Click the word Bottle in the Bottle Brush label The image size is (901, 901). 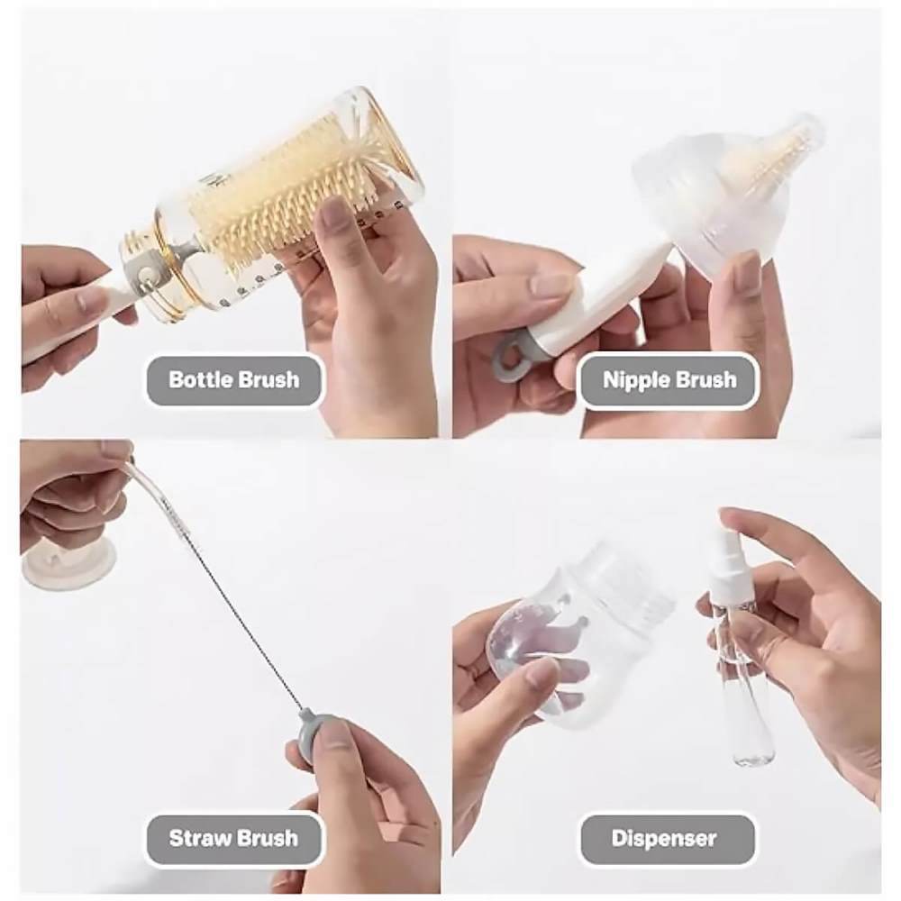[200, 380]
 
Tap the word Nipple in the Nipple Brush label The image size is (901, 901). [635, 381]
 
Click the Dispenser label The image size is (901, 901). [664, 838]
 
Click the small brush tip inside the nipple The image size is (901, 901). [770, 152]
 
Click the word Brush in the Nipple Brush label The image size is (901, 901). [705, 380]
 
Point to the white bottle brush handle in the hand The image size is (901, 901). [75, 322]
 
